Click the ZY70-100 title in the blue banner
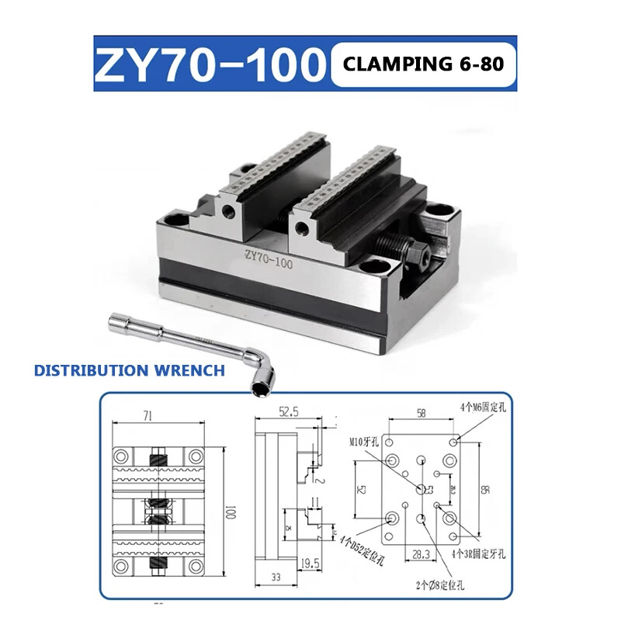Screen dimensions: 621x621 (207, 64)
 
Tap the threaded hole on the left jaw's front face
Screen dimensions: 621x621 (228, 211)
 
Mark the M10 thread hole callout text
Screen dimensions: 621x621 (363, 442)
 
